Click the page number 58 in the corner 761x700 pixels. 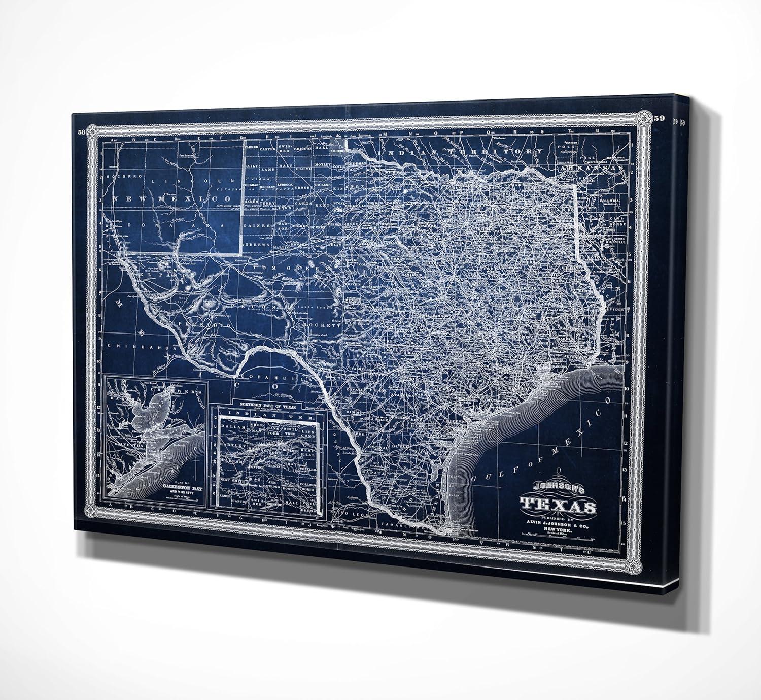pos(81,132)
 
